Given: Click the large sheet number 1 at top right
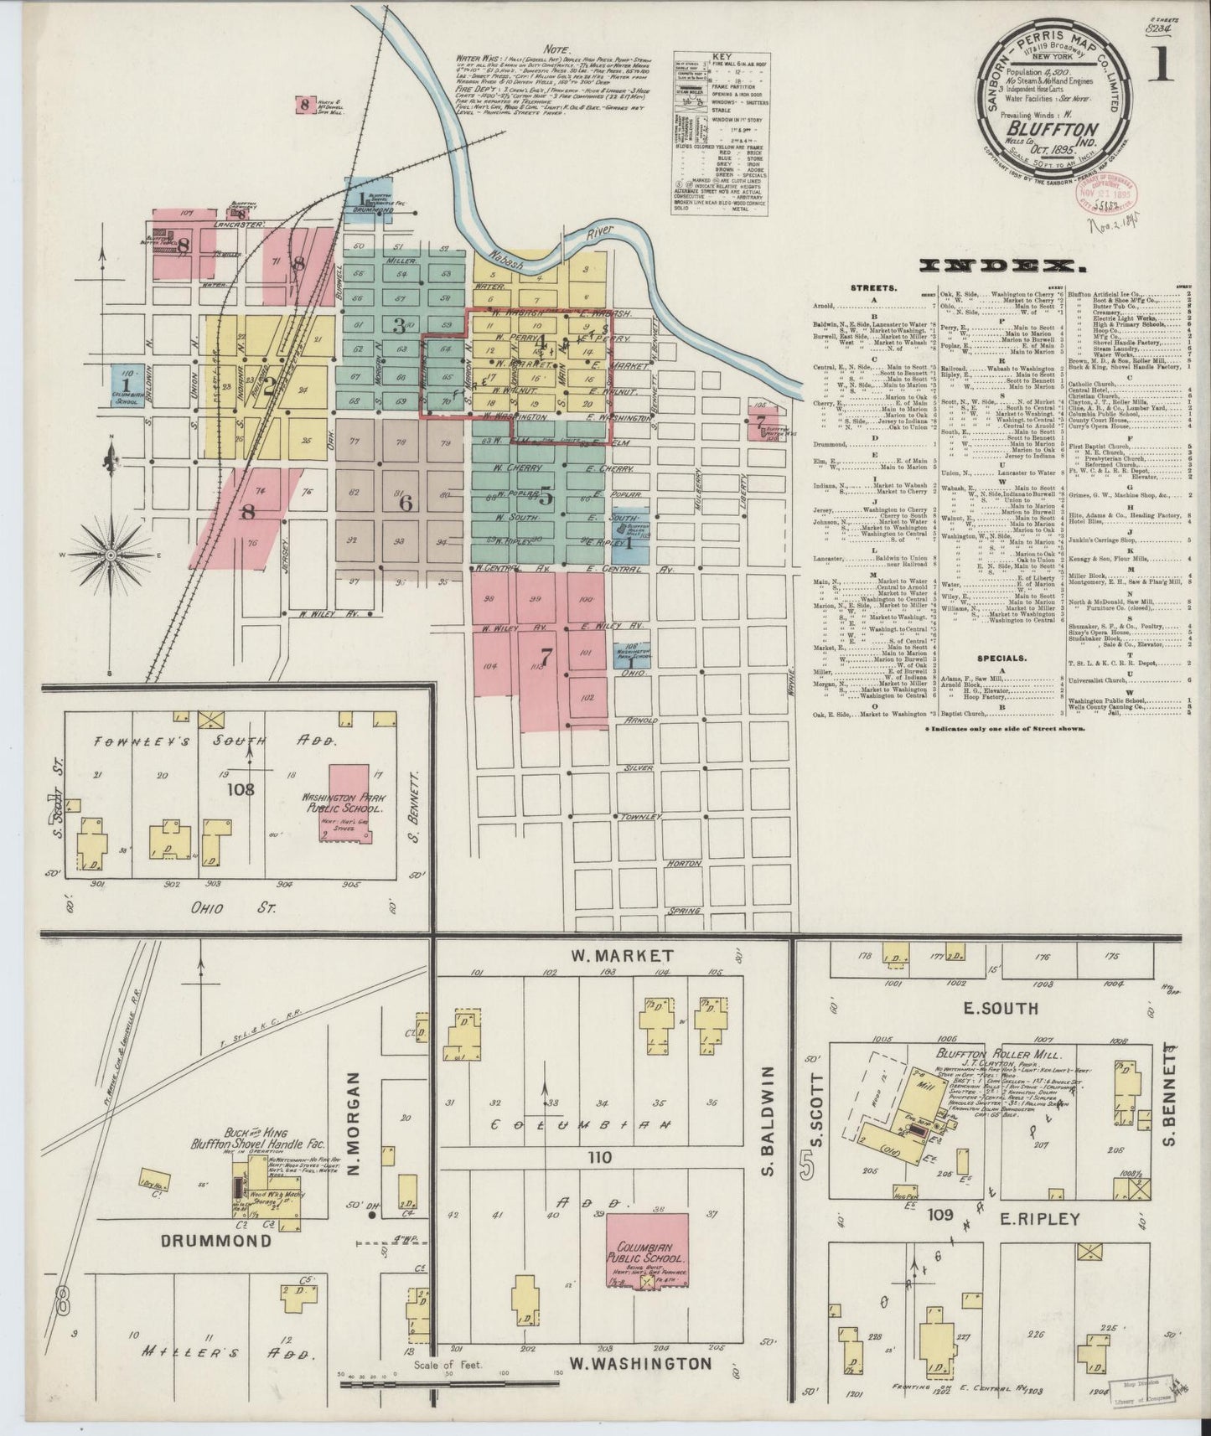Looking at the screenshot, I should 1161,65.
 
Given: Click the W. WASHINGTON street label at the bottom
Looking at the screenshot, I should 640,1363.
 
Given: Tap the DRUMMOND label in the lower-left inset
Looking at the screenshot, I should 217,1241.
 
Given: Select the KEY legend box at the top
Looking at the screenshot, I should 721,133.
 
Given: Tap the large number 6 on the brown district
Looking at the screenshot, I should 406,504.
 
